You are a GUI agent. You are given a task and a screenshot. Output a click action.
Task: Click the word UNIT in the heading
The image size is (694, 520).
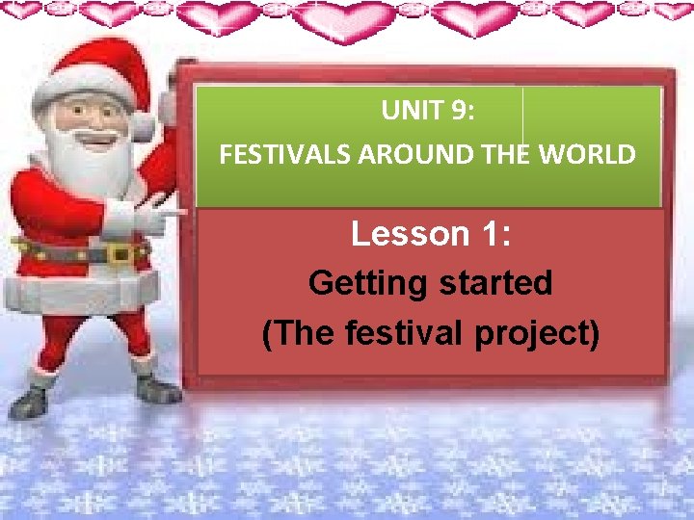(x=409, y=112)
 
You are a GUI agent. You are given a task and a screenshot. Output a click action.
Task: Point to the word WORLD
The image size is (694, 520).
(x=590, y=155)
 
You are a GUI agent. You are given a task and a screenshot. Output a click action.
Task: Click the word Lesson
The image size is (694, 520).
(x=404, y=233)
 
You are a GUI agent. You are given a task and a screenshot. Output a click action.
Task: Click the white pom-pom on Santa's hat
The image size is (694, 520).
(x=145, y=125)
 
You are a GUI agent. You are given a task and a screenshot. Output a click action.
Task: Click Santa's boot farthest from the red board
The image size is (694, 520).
(x=29, y=400)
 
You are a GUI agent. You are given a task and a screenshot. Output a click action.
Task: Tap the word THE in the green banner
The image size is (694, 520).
(x=501, y=155)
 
